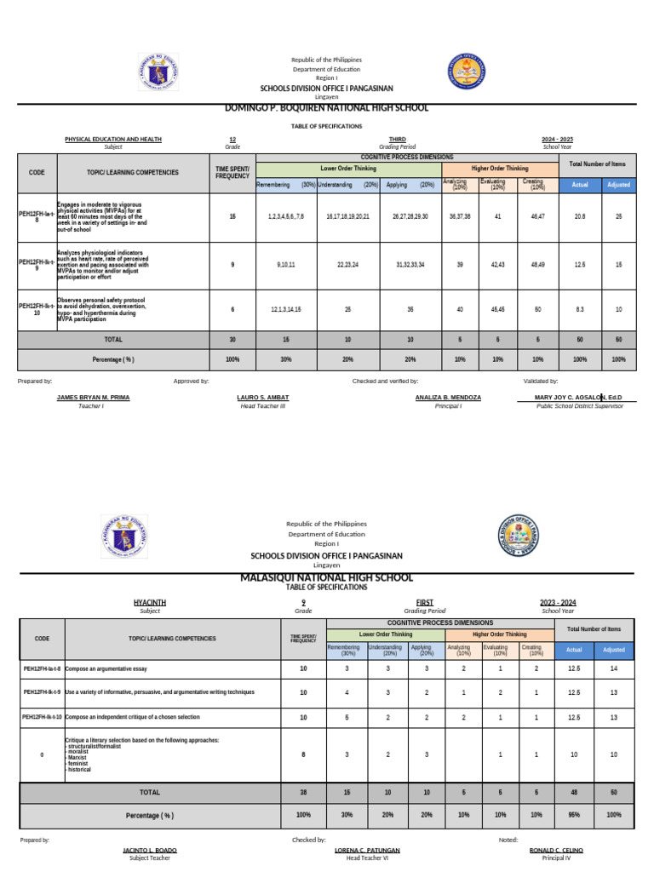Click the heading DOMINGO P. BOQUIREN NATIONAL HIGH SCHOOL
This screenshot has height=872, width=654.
pyautogui.click(x=327, y=108)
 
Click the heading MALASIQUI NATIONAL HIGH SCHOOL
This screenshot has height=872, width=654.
pyautogui.click(x=327, y=578)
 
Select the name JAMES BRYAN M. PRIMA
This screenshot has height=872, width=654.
pyautogui.click(x=93, y=398)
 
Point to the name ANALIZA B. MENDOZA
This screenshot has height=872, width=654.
pyautogui.click(x=448, y=398)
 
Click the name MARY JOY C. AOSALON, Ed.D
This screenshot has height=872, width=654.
pyautogui.click(x=579, y=398)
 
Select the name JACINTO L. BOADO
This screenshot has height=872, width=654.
pyautogui.click(x=149, y=850)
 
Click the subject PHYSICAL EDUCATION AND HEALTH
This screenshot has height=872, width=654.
pyautogui.click(x=113, y=139)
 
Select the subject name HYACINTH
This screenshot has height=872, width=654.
pyautogui.click(x=149, y=602)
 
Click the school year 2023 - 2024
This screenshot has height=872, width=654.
pyautogui.click(x=558, y=602)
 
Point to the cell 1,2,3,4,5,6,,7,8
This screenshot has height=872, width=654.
pyautogui.click(x=285, y=217)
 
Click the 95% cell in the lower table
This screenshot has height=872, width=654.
pyautogui.click(x=574, y=815)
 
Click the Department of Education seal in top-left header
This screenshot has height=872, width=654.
pyautogui.click(x=158, y=72)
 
